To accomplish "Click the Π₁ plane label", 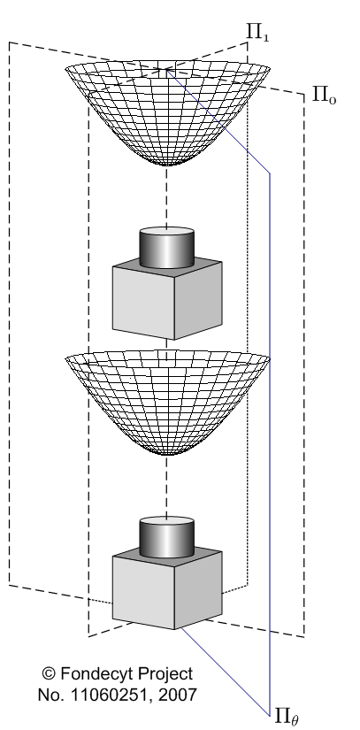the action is (x=257, y=32).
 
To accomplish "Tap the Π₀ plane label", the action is (x=324, y=95).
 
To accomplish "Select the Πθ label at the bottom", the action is (x=286, y=716).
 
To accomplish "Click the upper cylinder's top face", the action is (x=166, y=233).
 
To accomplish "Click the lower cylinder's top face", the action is (x=166, y=522).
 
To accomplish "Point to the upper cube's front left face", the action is (x=143, y=303).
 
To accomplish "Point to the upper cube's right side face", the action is (x=199, y=300).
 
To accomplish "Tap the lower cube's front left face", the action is (x=143, y=592).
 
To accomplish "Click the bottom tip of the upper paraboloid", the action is (x=166, y=165).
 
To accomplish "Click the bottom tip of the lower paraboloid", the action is (x=166, y=455).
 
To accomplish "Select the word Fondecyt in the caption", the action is (x=96, y=674).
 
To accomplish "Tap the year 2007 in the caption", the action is (x=177, y=695).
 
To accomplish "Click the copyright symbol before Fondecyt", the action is (x=49, y=673).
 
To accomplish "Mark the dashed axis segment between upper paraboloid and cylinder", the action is (x=166, y=196).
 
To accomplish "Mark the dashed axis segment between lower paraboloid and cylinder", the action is (x=166, y=486).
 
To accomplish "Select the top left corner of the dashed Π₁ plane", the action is (x=10, y=42).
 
